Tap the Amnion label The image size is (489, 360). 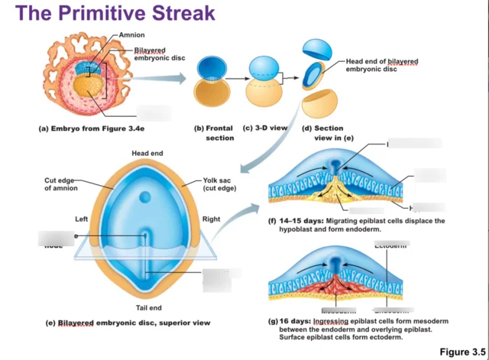(x=132, y=35)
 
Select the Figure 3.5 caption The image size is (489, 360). (x=461, y=351)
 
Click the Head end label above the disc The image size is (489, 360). (x=146, y=154)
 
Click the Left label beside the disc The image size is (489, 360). (x=81, y=219)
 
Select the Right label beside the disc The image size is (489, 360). (x=211, y=219)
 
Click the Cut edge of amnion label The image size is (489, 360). (x=59, y=184)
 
